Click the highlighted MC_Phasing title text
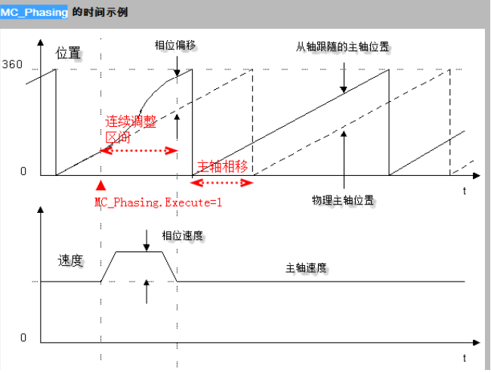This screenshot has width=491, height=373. pos(35,12)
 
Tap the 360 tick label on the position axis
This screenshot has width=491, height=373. pos(13,64)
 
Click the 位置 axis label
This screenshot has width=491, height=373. pos(68,54)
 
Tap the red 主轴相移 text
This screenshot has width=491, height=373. pos(223,166)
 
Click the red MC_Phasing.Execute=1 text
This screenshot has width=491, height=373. pos(159,202)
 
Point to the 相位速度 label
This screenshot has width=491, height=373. pos(182,236)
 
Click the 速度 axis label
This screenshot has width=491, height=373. pos(69,261)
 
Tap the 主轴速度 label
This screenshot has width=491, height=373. pos(310,268)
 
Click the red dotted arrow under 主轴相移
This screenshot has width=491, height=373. pos(223,182)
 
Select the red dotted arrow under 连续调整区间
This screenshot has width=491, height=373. pos(139,150)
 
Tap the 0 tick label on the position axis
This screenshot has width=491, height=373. pos(23,171)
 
